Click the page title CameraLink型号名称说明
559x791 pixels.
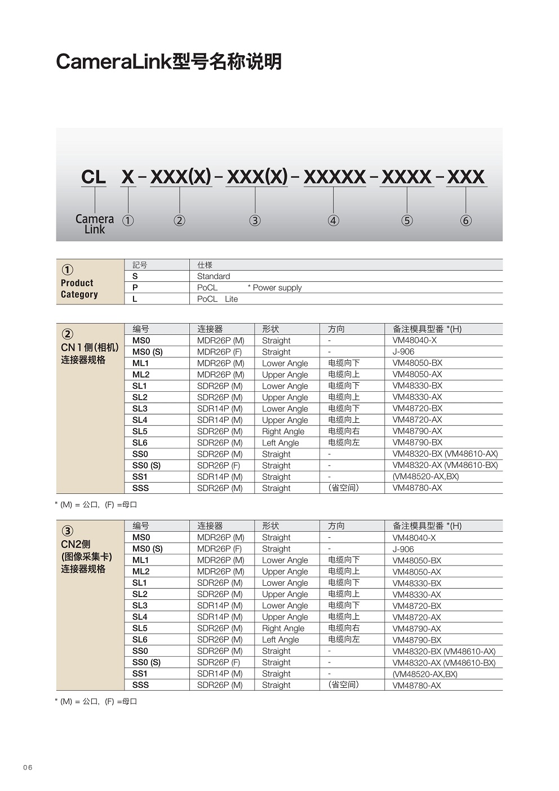(x=168, y=61)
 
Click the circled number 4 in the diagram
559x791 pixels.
(x=334, y=220)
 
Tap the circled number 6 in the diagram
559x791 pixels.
(x=465, y=220)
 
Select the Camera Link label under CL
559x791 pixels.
(x=95, y=224)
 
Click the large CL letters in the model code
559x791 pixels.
(x=94, y=177)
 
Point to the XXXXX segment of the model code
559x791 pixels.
(x=335, y=177)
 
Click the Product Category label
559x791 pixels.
(x=79, y=289)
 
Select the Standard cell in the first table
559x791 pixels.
(x=214, y=276)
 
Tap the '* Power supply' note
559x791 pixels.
(x=275, y=288)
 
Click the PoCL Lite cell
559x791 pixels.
(x=218, y=299)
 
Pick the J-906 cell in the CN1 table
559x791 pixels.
(x=403, y=352)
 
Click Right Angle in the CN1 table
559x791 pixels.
(x=283, y=431)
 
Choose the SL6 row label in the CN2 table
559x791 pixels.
(x=140, y=639)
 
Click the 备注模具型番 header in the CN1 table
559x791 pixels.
(x=427, y=329)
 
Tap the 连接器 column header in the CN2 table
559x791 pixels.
(x=210, y=525)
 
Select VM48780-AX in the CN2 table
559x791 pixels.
(x=417, y=685)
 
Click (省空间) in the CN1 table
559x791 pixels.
(x=343, y=488)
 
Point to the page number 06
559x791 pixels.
(x=28, y=767)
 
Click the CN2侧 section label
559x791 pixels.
(x=76, y=544)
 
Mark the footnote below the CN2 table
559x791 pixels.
(x=96, y=701)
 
